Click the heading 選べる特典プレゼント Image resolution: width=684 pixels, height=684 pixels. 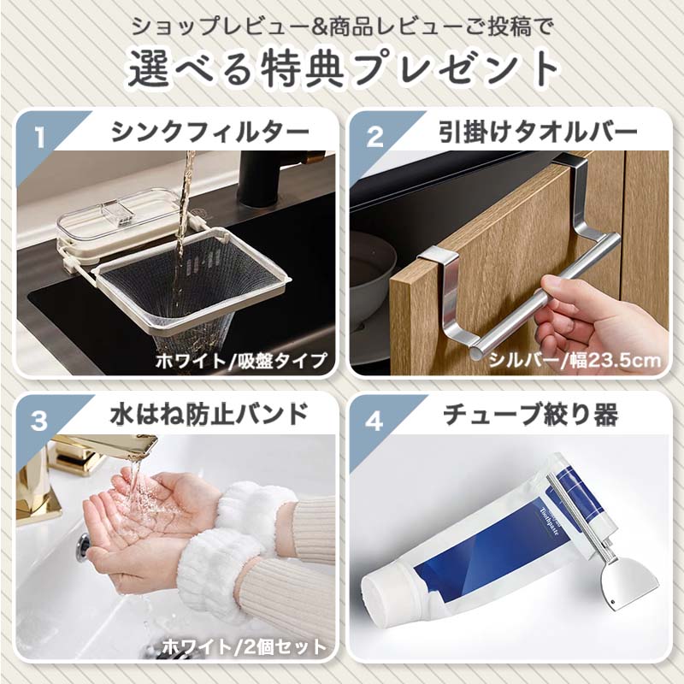342,68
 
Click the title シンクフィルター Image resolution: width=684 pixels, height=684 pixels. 210,133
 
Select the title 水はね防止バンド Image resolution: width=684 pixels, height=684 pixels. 209,416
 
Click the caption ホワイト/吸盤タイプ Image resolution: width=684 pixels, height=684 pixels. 241,360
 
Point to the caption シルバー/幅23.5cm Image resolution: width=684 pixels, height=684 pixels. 574,360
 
